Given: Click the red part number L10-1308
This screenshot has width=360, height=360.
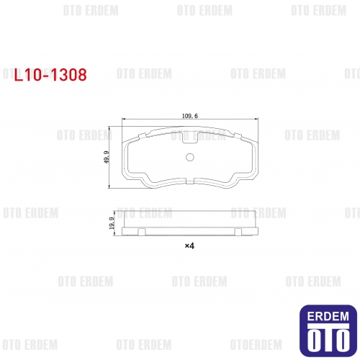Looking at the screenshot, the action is coord(50,75).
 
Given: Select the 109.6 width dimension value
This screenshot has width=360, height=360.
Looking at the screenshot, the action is coord(190,116).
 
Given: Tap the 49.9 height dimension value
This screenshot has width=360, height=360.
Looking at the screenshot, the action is coord(107,157).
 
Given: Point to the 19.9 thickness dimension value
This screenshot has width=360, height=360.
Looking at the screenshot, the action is coord(112,223).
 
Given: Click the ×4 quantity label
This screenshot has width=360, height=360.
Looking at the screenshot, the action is coord(189,246).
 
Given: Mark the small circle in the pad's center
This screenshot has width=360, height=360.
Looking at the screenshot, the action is coord(190,157).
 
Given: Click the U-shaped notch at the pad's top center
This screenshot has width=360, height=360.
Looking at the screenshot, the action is coord(189,138).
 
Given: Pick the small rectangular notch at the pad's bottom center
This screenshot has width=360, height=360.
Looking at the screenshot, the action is coord(190,181).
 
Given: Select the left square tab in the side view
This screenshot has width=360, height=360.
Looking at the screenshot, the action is coord(142,232).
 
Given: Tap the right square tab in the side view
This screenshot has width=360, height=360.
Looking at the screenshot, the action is coord(238,232).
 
